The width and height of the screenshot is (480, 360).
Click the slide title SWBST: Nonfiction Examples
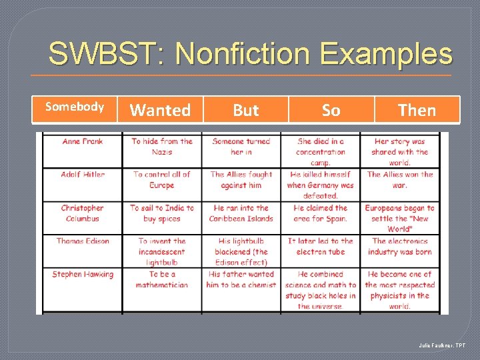tap(250, 53)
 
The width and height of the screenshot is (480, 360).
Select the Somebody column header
tap(74, 107)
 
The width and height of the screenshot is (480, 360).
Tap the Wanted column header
tap(160, 110)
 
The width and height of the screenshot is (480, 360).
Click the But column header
tap(245, 110)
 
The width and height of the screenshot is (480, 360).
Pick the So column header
tap(331, 110)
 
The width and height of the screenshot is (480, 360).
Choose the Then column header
tap(417, 110)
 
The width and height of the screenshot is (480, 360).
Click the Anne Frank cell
tap(82, 141)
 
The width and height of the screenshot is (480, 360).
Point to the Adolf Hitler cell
tap(82, 175)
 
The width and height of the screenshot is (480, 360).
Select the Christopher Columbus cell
tap(82, 213)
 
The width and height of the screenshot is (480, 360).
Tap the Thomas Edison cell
tap(82, 241)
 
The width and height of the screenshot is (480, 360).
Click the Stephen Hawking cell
tap(82, 275)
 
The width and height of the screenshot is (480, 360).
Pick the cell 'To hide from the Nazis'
tap(161, 147)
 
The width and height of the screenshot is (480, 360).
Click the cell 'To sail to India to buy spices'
tap(161, 213)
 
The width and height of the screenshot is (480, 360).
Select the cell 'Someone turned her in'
tap(241, 147)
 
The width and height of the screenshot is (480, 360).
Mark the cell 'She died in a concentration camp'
tap(320, 152)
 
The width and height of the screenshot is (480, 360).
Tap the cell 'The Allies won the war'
tap(399, 180)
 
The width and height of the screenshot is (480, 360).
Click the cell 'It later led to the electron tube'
tap(320, 247)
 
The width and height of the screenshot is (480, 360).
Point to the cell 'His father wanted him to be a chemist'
tap(241, 280)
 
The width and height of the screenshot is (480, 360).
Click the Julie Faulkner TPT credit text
tap(443, 345)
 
